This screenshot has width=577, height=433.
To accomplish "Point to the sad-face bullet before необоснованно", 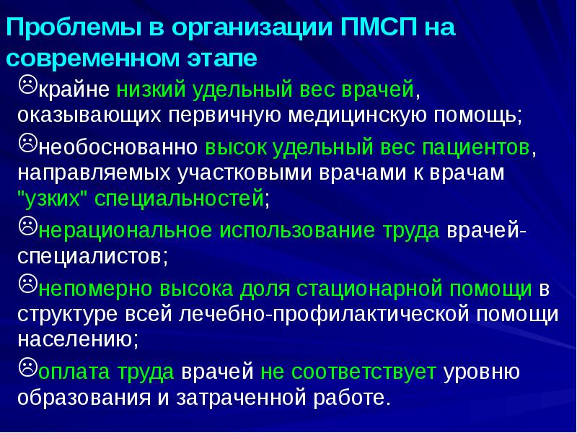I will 27,144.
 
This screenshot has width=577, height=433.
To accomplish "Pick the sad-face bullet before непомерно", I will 27,285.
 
